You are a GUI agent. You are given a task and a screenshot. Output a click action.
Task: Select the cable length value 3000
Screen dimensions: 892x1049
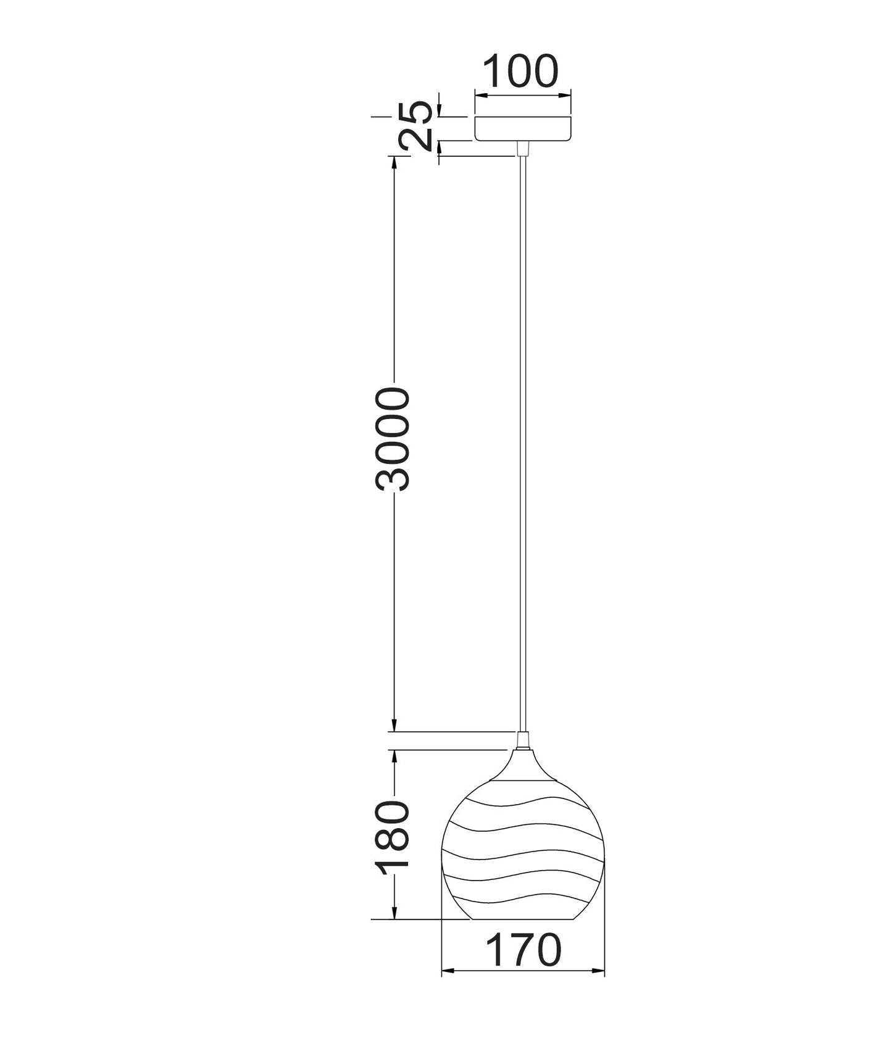(x=392, y=439)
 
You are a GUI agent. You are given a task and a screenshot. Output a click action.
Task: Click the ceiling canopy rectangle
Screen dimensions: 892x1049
(x=523, y=127)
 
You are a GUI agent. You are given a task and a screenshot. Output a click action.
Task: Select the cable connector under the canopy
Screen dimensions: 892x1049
(x=523, y=148)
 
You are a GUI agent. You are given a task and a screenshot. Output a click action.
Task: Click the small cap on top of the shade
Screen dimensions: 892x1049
(x=523, y=740)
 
